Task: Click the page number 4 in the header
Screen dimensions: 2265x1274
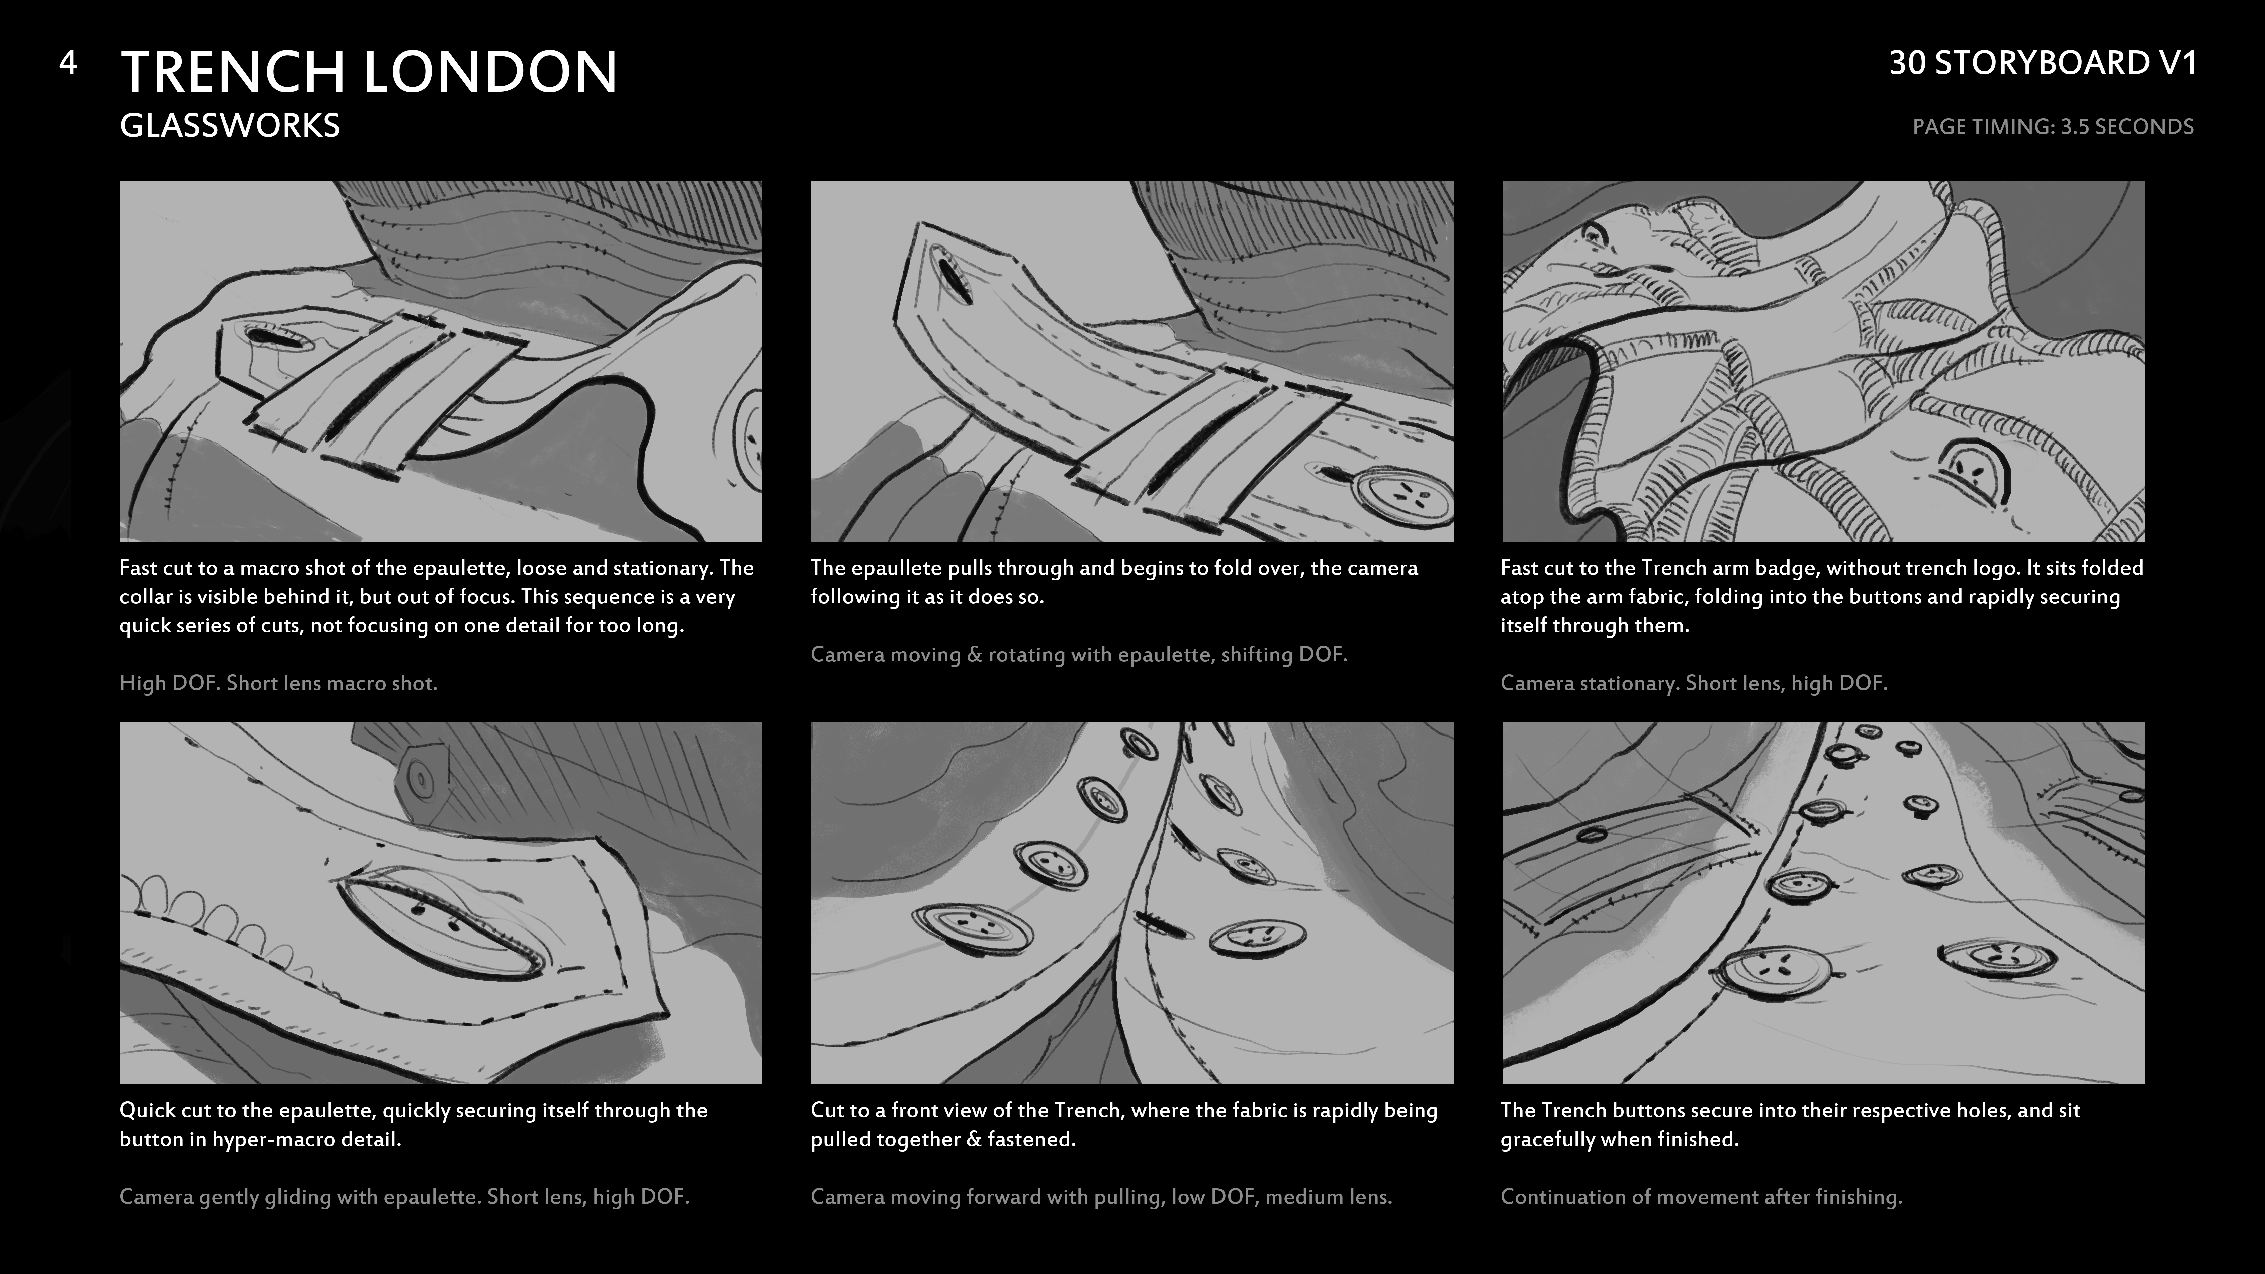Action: coord(68,63)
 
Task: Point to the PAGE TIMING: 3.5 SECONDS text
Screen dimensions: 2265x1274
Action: coord(2053,127)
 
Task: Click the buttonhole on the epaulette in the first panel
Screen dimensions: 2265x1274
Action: coord(262,336)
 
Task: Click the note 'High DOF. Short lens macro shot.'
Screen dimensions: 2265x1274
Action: coord(278,683)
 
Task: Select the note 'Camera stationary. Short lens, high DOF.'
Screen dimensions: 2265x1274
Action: coord(1694,683)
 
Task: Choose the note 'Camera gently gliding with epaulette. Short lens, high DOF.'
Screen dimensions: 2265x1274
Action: coord(404,1197)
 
